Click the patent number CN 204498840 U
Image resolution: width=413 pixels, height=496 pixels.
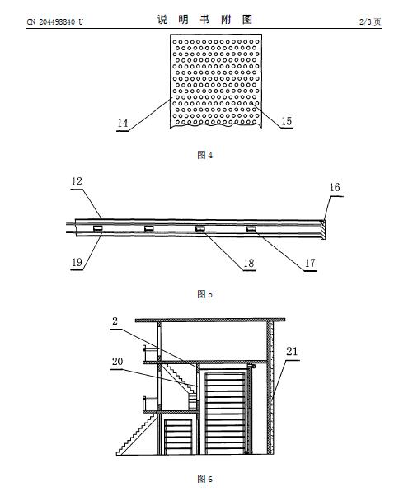coord(54,21)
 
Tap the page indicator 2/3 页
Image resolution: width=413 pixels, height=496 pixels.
coord(370,21)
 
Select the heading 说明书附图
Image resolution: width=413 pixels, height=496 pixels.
coord(205,20)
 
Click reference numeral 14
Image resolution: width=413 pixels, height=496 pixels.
coord(123,123)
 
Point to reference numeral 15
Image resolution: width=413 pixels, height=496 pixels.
coord(286,121)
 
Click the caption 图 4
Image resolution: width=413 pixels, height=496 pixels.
coord(204,155)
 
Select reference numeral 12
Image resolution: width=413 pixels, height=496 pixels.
coord(77,181)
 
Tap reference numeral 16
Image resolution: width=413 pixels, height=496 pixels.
coord(335,187)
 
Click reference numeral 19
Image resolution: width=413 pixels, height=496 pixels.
coord(77,262)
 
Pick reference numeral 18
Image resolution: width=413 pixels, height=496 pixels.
coord(249,263)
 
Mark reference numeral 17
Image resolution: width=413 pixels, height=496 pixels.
coord(310,263)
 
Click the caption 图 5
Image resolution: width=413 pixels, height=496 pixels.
coord(204,294)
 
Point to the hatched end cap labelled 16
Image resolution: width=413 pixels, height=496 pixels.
coord(322,229)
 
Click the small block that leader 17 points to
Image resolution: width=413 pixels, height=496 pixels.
coord(251,228)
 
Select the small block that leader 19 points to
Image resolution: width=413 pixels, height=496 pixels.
coord(97,228)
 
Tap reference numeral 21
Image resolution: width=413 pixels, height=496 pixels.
coord(292,351)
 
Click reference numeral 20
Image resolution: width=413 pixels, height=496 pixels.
coord(117,361)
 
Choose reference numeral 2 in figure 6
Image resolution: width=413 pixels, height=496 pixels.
coord(115,321)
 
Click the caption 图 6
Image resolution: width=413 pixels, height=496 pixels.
coord(204,479)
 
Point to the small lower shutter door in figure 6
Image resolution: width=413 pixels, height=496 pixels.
coord(178,437)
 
